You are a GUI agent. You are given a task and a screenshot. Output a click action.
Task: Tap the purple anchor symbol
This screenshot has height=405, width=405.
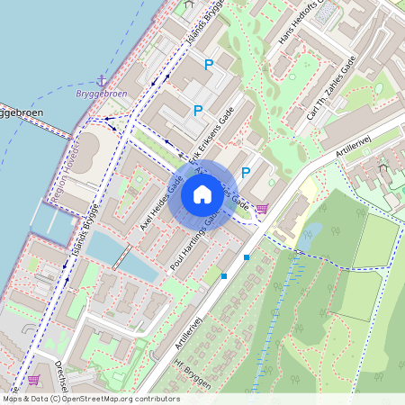[101, 82]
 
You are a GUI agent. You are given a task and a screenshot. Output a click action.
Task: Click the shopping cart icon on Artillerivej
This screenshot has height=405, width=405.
[262, 210]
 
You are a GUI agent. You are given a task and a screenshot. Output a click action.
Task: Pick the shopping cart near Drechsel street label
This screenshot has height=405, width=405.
[34, 381]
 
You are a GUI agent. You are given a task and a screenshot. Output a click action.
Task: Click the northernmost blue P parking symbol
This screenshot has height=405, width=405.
[209, 64]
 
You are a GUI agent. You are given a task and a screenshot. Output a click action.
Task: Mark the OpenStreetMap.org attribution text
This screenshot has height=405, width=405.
[90, 399]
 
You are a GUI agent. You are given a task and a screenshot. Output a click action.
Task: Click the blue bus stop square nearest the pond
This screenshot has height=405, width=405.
[247, 257]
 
